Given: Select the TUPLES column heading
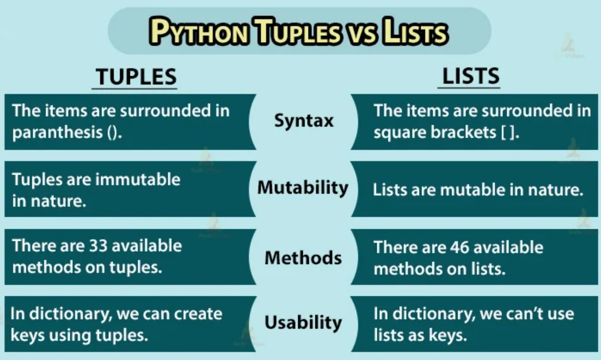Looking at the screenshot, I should [x=135, y=77].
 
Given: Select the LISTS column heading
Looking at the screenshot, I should [x=471, y=76].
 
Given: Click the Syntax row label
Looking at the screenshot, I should [x=303, y=121].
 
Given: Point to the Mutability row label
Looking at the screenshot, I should [x=303, y=187].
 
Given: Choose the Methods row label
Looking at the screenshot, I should [x=303, y=257].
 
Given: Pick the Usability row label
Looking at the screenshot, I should [x=303, y=322].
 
